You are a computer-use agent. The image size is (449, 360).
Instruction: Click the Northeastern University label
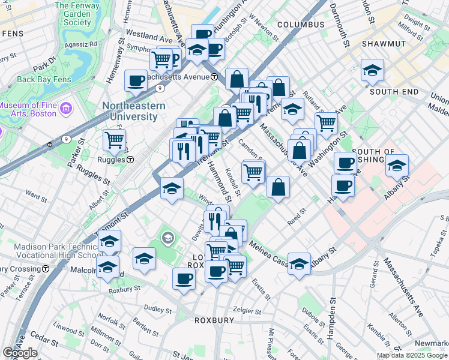tap(130, 111)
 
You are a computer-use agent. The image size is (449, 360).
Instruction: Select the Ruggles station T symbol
tap(130, 160)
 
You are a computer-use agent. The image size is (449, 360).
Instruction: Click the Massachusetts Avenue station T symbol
tap(214, 77)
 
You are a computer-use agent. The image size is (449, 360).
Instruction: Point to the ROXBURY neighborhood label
tap(214, 320)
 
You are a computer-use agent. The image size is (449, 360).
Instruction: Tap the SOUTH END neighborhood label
tap(394, 92)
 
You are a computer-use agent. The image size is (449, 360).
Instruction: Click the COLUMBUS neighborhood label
tap(301, 25)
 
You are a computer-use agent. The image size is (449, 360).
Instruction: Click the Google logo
tap(20, 353)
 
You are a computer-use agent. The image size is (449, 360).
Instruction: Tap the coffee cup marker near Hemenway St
tap(136, 81)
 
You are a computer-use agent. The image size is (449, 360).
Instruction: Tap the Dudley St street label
tap(157, 310)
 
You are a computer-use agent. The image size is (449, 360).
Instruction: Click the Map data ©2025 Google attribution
tap(412, 355)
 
